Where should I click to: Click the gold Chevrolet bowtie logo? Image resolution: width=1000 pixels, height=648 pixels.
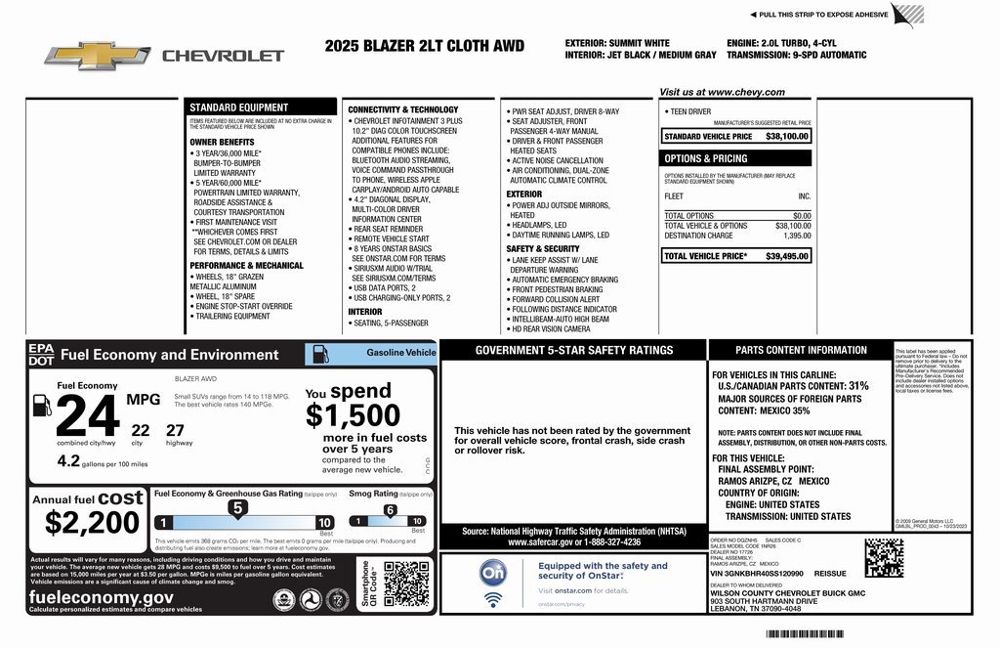pyautogui.click(x=97, y=56)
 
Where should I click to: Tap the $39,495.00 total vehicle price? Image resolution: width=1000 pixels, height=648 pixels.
pyautogui.click(x=787, y=256)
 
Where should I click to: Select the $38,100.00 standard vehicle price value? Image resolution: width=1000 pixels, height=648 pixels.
pyautogui.click(x=787, y=137)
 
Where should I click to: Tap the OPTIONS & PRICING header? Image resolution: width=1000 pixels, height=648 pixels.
pyautogui.click(x=706, y=158)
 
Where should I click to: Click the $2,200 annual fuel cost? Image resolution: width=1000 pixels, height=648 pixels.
pyautogui.click(x=92, y=523)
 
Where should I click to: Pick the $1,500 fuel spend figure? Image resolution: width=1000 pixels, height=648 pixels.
pyautogui.click(x=353, y=416)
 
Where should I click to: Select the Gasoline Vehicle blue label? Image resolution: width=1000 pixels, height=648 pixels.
pyautogui.click(x=401, y=352)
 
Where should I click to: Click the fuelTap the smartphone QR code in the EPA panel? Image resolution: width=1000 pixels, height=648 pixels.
pyautogui.click(x=405, y=583)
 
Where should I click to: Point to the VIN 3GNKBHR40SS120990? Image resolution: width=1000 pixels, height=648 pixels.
pyautogui.click(x=757, y=574)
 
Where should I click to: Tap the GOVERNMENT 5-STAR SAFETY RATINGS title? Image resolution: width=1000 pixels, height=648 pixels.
pyautogui.click(x=573, y=350)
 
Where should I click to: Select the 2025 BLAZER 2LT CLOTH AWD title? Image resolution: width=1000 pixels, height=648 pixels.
pyautogui.click(x=424, y=46)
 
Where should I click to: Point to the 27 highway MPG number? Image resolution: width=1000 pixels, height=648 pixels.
pyautogui.click(x=175, y=429)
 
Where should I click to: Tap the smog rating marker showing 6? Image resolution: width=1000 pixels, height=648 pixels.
pyautogui.click(x=389, y=510)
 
